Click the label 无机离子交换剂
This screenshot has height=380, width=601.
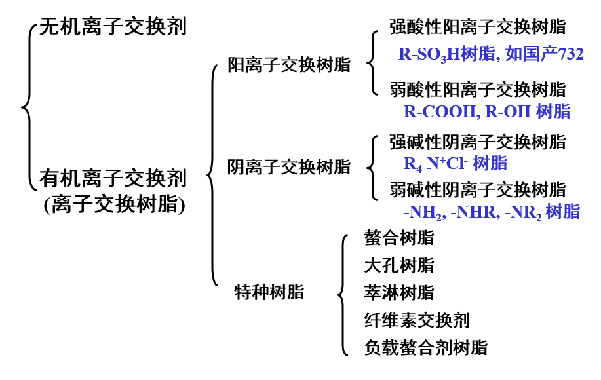113,27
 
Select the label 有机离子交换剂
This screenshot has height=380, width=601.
113,178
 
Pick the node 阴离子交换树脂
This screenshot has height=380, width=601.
289,167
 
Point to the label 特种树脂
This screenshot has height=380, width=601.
269,292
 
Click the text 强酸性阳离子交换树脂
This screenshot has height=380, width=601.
477,27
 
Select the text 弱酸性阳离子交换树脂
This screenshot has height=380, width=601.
477,88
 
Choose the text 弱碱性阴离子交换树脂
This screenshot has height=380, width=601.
477,190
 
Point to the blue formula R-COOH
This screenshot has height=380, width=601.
440,111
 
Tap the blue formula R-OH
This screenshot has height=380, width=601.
508,111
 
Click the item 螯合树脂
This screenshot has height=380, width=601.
398,237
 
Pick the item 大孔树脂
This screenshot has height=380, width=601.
398,265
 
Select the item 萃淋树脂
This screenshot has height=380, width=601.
398,292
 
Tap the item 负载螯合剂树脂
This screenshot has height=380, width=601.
425,347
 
